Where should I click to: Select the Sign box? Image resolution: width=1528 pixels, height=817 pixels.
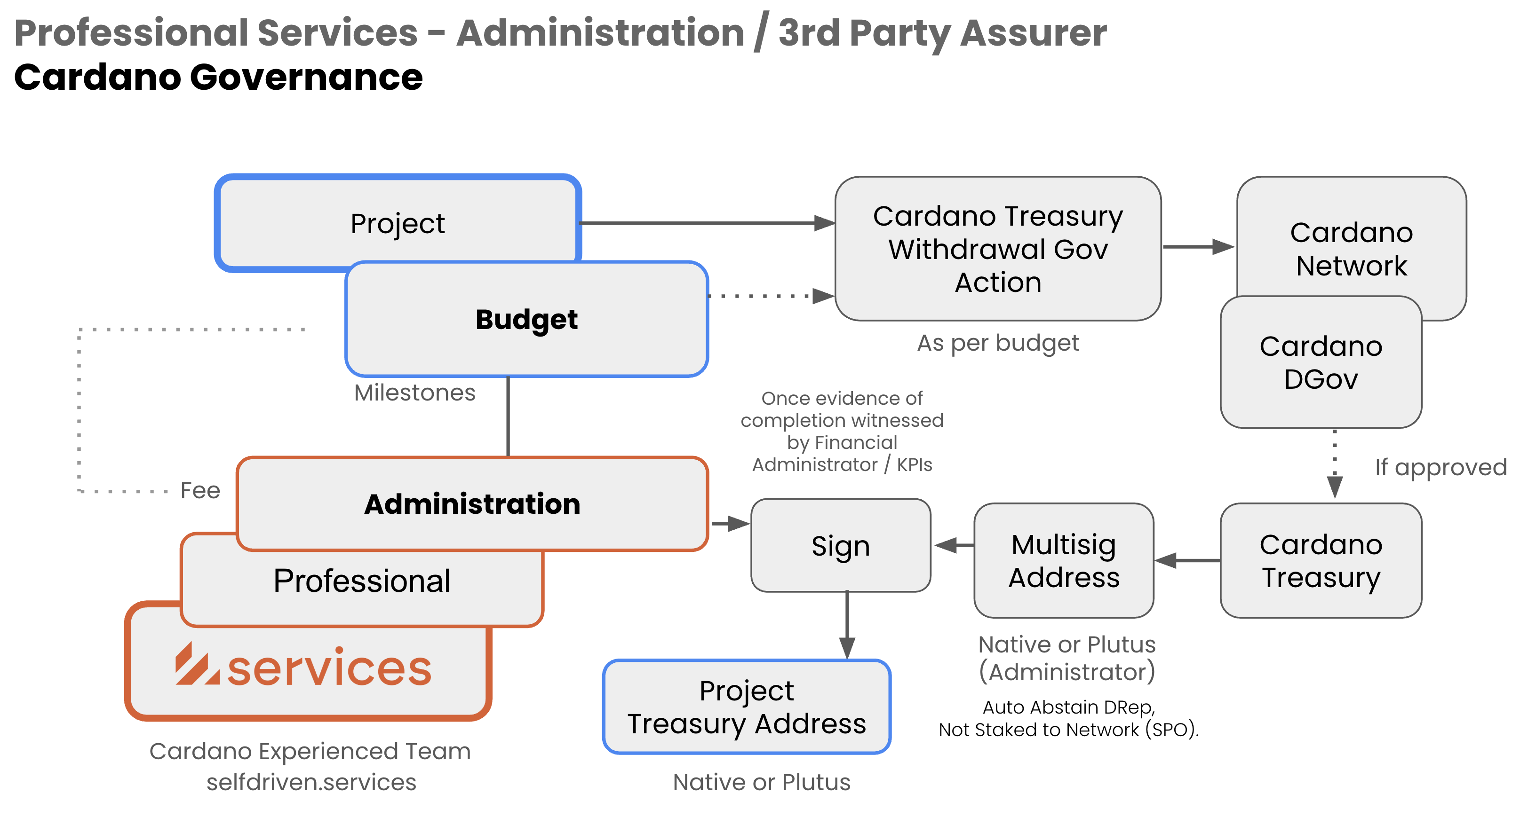pyautogui.click(x=841, y=545)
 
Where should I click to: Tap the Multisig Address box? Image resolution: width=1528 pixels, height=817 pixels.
pyautogui.click(x=1064, y=560)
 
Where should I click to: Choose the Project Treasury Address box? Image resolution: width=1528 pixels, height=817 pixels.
pyautogui.click(x=746, y=707)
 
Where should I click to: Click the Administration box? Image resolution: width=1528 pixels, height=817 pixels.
pyautogui.click(x=472, y=504)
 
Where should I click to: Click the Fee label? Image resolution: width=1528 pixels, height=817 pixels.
pyautogui.click(x=200, y=490)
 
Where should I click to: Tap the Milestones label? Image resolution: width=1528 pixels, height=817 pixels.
pyautogui.click(x=414, y=393)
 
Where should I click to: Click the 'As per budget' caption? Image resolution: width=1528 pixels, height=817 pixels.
pyautogui.click(x=998, y=343)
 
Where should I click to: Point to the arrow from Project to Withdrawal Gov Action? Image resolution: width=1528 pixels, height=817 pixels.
pyautogui.click(x=706, y=223)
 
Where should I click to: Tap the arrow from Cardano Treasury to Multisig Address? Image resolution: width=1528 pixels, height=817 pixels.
pyautogui.click(x=1187, y=560)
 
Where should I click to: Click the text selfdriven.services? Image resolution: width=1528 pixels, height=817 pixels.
pyautogui.click(x=311, y=782)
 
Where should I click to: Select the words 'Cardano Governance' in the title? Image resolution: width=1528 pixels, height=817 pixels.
pyautogui.click(x=218, y=78)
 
